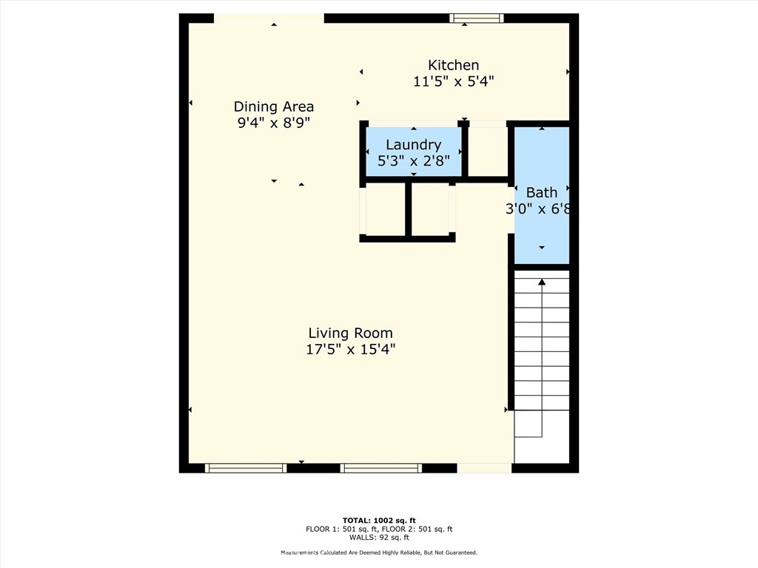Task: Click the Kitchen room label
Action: pyautogui.click(x=454, y=65)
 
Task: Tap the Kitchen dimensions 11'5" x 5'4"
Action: pyautogui.click(x=454, y=81)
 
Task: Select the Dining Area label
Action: pyautogui.click(x=274, y=106)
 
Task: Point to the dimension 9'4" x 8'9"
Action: pyautogui.click(x=274, y=123)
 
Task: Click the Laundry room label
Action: pyautogui.click(x=413, y=145)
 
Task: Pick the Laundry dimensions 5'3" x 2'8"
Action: pyautogui.click(x=413, y=160)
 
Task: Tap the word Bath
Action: pyautogui.click(x=541, y=193)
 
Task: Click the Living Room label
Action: pyautogui.click(x=350, y=333)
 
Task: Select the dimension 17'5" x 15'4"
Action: pyautogui.click(x=350, y=349)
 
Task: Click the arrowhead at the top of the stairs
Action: pyautogui.click(x=542, y=282)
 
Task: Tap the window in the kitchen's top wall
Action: pyautogui.click(x=477, y=18)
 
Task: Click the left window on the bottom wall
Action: pyautogui.click(x=246, y=468)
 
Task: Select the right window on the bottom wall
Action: pyautogui.click(x=381, y=468)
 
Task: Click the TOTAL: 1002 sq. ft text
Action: pyautogui.click(x=379, y=520)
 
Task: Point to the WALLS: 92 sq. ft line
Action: pyautogui.click(x=379, y=537)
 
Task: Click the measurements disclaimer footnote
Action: pyautogui.click(x=379, y=552)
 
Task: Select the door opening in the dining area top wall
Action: pyautogui.click(x=269, y=18)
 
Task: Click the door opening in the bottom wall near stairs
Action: pyautogui.click(x=484, y=468)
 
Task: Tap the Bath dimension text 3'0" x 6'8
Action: pyautogui.click(x=537, y=209)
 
